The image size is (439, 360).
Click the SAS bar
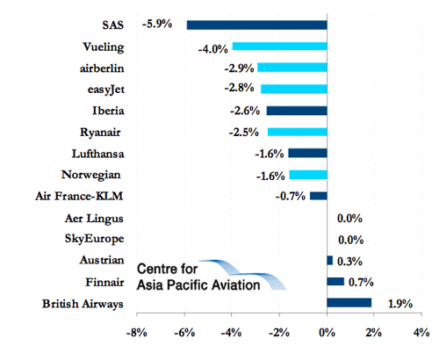(257, 25)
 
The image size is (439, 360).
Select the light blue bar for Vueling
(280, 47)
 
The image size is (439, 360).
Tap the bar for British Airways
(349, 303)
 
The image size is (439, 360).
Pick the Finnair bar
(335, 281)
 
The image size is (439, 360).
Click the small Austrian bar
(330, 260)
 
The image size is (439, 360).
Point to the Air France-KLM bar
(319, 196)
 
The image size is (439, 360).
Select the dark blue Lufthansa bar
(308, 153)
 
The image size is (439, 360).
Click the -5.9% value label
(157, 24)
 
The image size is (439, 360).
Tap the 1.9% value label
(400, 304)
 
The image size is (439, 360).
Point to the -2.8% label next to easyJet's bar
(240, 88)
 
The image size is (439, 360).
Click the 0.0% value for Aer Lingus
(349, 219)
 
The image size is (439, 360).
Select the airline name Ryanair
(100, 133)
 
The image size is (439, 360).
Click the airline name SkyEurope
(95, 239)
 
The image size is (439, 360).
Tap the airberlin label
(102, 68)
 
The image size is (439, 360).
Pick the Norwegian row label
(91, 175)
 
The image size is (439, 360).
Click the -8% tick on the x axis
(137, 333)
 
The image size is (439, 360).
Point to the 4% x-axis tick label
(421, 333)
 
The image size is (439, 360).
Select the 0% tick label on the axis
(327, 333)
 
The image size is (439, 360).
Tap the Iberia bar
(297, 111)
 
